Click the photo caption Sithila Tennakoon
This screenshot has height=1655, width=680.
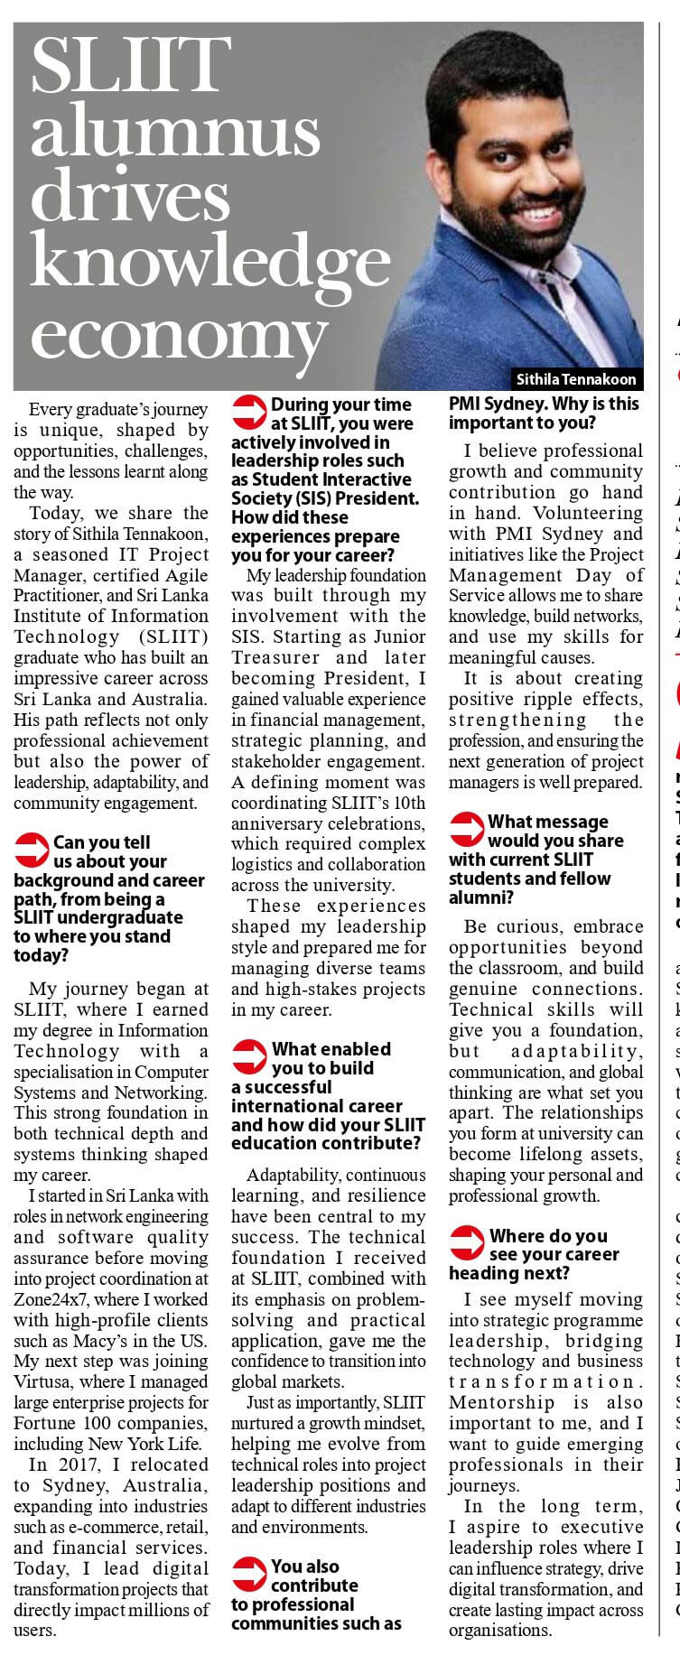point(575,378)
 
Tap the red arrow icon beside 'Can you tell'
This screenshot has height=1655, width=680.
point(33,849)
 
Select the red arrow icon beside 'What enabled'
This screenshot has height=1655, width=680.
point(249,1055)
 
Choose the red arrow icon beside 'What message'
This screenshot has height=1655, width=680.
point(467,828)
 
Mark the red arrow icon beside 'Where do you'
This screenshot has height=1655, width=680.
point(467,1242)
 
